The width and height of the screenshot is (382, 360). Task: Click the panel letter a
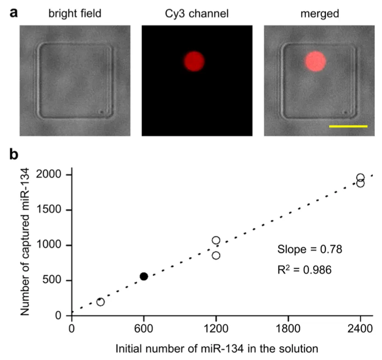click(x=14, y=12)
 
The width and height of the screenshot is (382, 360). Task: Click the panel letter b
click(x=14, y=155)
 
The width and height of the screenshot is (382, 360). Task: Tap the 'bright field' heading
click(x=75, y=14)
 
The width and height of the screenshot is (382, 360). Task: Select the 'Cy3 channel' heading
click(x=197, y=14)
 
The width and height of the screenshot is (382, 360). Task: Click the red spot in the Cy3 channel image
click(x=194, y=61)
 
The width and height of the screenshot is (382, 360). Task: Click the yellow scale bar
click(x=348, y=126)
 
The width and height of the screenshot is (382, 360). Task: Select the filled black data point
click(x=144, y=276)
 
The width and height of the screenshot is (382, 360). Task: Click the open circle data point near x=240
click(x=100, y=302)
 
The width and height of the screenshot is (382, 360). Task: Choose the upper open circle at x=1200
click(x=216, y=240)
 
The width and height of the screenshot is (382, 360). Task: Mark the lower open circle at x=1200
click(x=216, y=255)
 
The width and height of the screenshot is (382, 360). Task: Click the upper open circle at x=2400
click(x=360, y=178)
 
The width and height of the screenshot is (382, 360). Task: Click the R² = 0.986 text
click(x=304, y=267)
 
